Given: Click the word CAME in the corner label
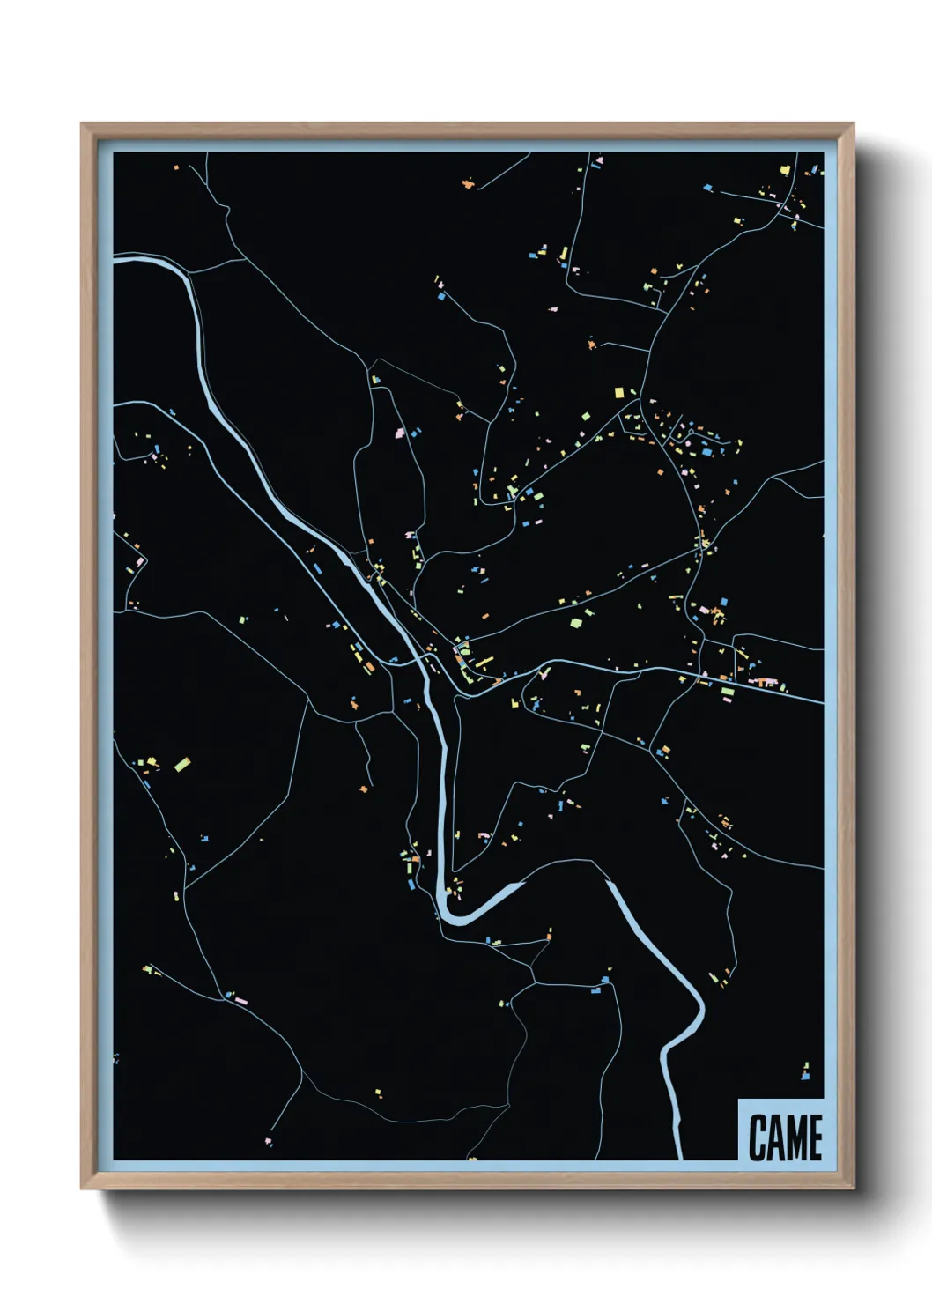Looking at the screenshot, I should (785, 1137).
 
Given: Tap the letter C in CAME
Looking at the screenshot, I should (756, 1137).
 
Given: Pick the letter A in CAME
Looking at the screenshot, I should (773, 1137).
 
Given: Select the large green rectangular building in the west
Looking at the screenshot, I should (182, 764).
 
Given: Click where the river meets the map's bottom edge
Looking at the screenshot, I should (679, 1156).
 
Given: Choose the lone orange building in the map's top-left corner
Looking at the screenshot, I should (175, 167).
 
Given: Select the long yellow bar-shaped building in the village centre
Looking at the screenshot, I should (484, 661).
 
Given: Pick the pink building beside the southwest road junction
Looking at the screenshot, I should (240, 1001).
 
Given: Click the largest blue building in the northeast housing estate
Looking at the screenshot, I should (706, 452).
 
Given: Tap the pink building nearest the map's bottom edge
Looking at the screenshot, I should (268, 1142).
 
